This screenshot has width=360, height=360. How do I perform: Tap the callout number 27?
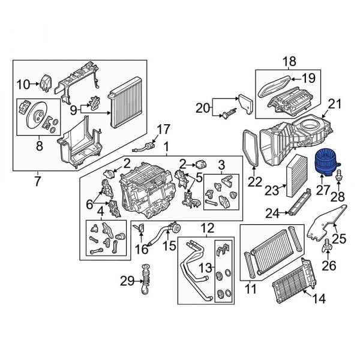(x=323, y=190)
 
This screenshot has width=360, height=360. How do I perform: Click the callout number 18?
(x=289, y=61)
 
